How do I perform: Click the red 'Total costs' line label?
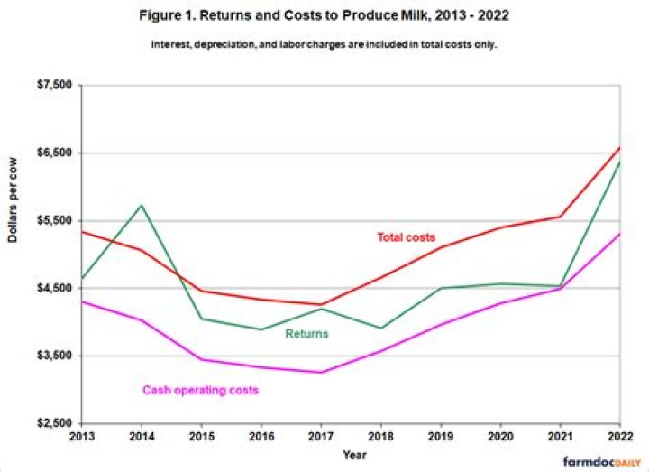point(407,237)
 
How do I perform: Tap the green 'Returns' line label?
point(306,334)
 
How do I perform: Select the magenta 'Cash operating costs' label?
point(201,390)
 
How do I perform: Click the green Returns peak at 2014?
point(141,205)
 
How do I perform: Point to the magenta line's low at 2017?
point(320,372)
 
